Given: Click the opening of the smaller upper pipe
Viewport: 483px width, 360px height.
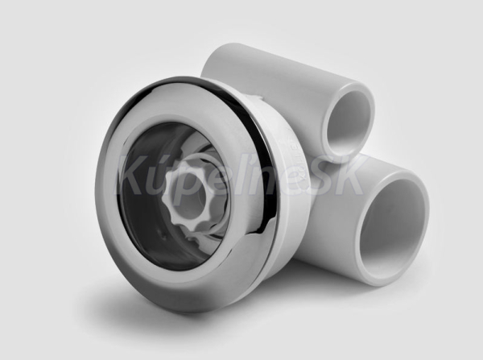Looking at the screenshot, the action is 349,122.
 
